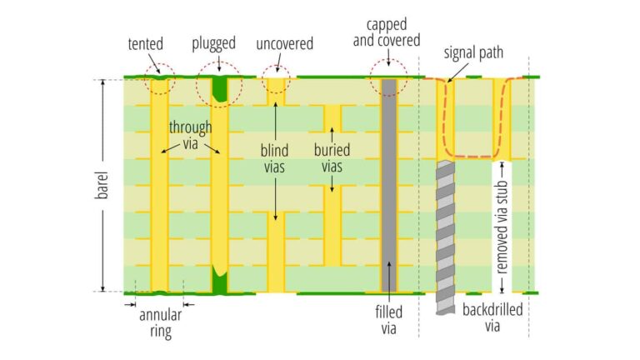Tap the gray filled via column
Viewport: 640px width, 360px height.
click(389, 183)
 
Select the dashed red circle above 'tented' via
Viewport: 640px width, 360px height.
click(159, 78)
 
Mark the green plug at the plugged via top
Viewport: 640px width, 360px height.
click(220, 87)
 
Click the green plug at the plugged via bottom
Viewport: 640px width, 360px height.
click(220, 281)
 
